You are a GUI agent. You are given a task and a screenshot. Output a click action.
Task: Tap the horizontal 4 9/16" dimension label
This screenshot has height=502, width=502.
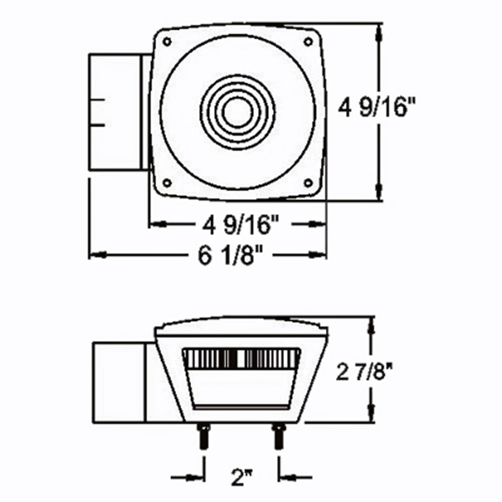point(240,225)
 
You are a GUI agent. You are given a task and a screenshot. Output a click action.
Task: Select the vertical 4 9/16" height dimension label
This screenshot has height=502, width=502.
point(376,107)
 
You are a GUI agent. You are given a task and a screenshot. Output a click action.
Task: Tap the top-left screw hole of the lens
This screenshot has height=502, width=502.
point(167,42)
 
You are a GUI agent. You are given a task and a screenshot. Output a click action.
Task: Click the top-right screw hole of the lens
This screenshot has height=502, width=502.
point(308,42)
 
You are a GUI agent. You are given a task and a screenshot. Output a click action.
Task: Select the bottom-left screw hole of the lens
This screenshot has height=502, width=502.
point(167,183)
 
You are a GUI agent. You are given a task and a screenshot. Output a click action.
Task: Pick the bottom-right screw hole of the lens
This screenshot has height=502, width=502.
point(308,183)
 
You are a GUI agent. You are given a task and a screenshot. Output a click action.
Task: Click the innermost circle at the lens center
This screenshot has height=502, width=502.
point(237,112)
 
